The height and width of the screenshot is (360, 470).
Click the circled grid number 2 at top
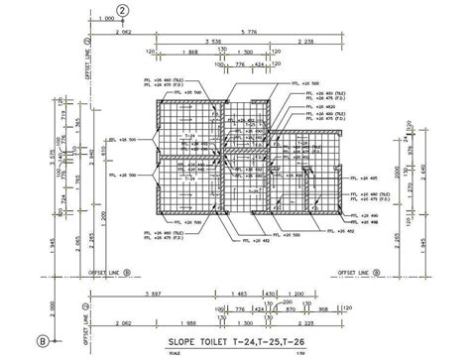point(123,10)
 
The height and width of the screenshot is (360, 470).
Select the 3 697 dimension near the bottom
point(154,294)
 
